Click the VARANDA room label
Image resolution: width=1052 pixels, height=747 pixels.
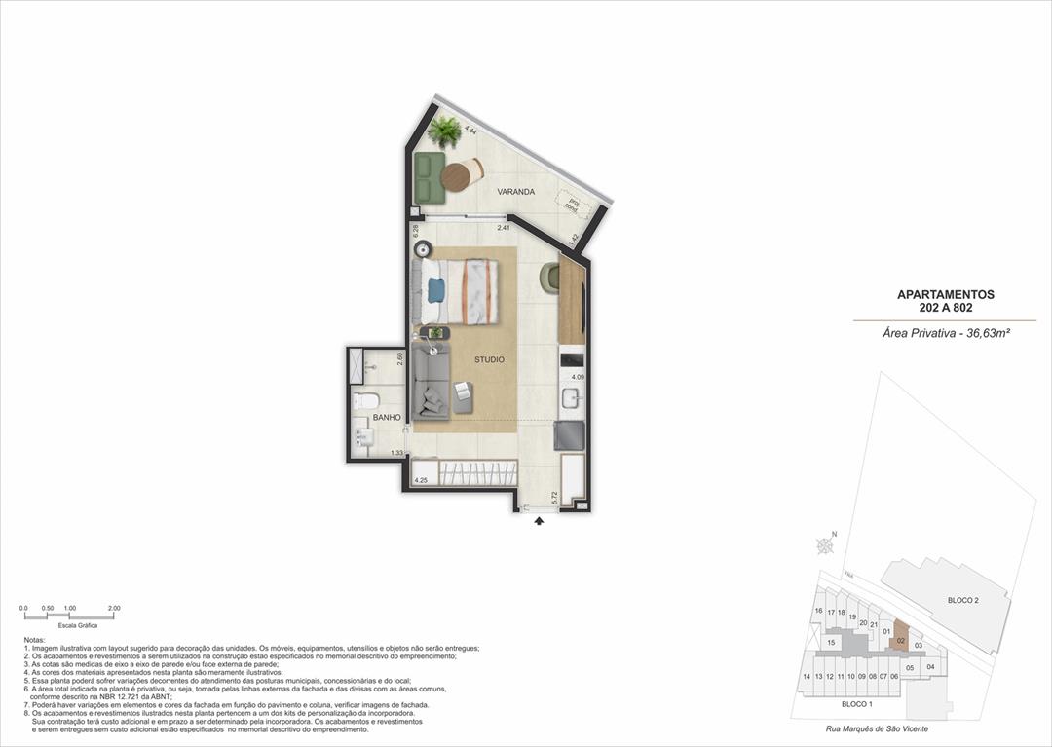[515, 192]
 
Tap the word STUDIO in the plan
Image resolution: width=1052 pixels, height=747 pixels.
[489, 360]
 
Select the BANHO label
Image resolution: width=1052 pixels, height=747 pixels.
[387, 417]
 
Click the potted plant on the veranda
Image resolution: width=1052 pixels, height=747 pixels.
[446, 131]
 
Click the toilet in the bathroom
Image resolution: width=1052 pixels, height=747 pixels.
[368, 401]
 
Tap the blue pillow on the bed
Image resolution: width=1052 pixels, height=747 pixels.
[435, 289]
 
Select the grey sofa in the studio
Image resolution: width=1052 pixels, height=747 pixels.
[430, 384]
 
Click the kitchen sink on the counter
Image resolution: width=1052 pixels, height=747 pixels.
[571, 397]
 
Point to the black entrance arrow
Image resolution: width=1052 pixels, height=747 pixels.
[539, 522]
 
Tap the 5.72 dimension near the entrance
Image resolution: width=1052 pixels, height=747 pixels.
[554, 497]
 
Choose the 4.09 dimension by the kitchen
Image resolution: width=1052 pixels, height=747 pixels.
[578, 377]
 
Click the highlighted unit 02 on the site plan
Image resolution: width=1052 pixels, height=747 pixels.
[901, 640]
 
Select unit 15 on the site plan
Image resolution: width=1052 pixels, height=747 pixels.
[831, 643]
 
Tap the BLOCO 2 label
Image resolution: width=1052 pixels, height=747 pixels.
[962, 601]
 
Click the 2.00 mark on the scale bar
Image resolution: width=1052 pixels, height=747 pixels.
[113, 608]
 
